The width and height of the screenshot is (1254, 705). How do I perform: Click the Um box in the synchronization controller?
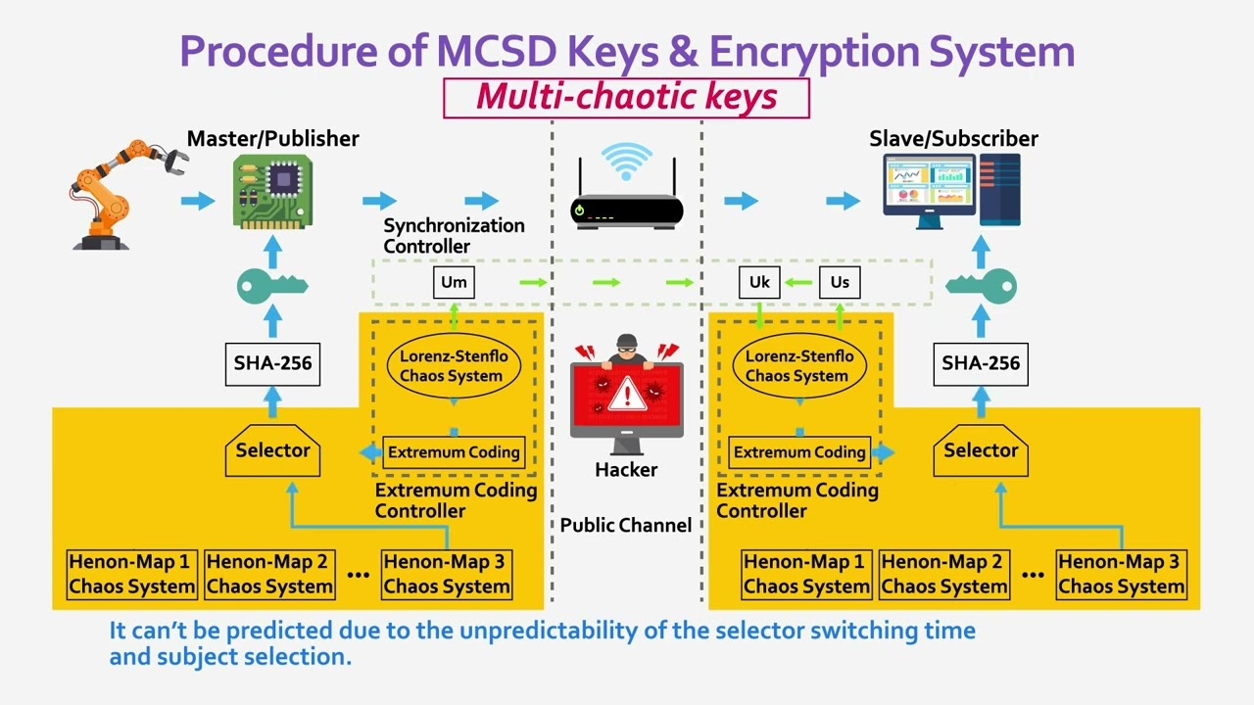(x=454, y=282)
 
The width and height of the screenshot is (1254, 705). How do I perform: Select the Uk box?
(x=759, y=282)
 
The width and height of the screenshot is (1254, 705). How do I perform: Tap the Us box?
(x=840, y=282)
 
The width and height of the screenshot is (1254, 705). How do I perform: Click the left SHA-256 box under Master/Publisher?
(x=272, y=363)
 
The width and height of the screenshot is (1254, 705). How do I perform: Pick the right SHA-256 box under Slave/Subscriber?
(x=981, y=363)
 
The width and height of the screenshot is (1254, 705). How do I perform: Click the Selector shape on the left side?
(x=272, y=451)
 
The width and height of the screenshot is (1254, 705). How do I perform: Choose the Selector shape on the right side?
(x=981, y=451)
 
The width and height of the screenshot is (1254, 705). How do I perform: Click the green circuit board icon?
(x=272, y=192)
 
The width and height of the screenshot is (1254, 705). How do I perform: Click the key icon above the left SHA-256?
(x=272, y=287)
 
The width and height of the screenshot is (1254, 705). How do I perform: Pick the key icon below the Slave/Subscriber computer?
(x=981, y=287)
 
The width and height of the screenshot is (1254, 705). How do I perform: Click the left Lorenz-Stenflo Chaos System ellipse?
(x=452, y=366)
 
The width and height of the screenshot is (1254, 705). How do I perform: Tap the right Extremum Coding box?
(x=799, y=451)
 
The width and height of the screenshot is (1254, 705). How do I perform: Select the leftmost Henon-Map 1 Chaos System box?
(x=131, y=575)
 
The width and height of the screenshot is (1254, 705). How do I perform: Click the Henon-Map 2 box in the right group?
(x=944, y=575)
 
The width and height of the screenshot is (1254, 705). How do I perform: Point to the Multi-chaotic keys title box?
(x=627, y=97)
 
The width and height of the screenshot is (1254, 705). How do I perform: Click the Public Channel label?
(x=626, y=525)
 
